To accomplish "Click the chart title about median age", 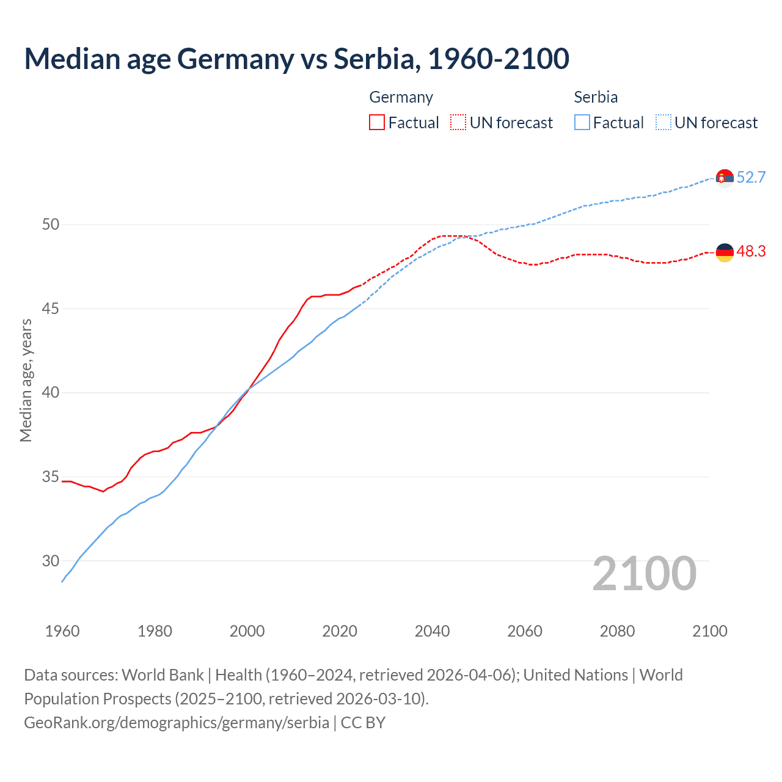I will point(297,59).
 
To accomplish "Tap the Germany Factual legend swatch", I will point(377,122).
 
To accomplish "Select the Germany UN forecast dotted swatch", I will point(458,122).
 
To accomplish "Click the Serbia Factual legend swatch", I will point(582,122).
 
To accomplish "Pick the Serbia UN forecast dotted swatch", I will point(663,122).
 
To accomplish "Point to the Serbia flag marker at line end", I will point(725,178).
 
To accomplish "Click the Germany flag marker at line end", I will point(725,252).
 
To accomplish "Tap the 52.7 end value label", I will point(751,177).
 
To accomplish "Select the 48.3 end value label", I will point(751,252).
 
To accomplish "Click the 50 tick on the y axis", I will point(51,225).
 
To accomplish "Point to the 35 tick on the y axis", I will point(51,477).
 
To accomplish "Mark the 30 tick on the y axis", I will point(51,561).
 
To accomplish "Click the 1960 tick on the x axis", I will point(62,631).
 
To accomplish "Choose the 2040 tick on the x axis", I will point(432,631).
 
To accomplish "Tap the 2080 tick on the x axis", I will point(617,631).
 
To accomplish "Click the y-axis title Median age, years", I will point(26,380).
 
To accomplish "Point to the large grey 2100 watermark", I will point(644,574).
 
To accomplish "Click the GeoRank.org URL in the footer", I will point(177,723).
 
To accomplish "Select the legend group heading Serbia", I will point(596,97).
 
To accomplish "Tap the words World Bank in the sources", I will point(163,675).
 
